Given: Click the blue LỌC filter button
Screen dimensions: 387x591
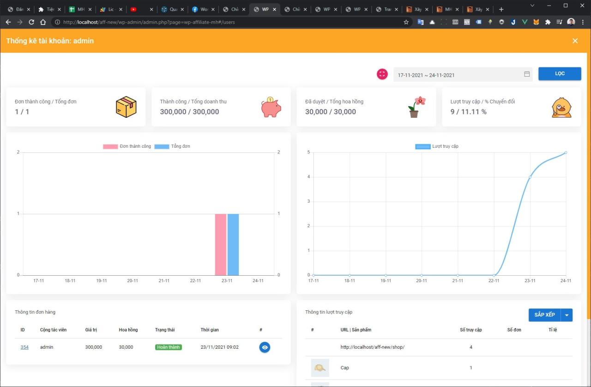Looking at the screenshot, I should pyautogui.click(x=560, y=74).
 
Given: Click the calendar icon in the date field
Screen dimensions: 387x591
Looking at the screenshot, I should pyautogui.click(x=527, y=74).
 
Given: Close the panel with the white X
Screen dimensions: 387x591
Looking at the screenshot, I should pyautogui.click(x=575, y=41).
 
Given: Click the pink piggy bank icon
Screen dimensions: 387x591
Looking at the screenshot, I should pyautogui.click(x=271, y=107).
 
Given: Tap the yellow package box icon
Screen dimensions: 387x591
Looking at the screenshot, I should pyautogui.click(x=126, y=107).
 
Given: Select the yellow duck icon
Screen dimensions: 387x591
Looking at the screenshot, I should pyautogui.click(x=561, y=108).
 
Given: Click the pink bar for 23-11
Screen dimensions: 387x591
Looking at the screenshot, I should pyautogui.click(x=221, y=244).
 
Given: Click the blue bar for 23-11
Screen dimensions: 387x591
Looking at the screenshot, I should pyautogui.click(x=233, y=244).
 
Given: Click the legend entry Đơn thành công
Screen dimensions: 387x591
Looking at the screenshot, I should pyautogui.click(x=127, y=146).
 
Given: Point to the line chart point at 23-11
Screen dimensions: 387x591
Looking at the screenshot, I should pyautogui.click(x=530, y=177).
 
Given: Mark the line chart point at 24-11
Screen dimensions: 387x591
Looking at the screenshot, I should pyautogui.click(x=566, y=152).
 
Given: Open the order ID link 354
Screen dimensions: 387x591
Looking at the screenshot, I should pyautogui.click(x=24, y=347).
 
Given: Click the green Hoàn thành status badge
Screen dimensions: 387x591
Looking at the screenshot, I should pyautogui.click(x=169, y=347).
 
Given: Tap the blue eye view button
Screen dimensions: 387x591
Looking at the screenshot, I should pyautogui.click(x=265, y=347).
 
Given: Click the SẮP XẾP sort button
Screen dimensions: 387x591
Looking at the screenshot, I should pyautogui.click(x=544, y=315).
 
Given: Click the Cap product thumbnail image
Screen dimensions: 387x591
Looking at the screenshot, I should pyautogui.click(x=320, y=368).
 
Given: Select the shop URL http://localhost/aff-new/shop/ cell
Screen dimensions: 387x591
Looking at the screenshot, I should pyautogui.click(x=372, y=347).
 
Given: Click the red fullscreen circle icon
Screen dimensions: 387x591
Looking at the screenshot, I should pyautogui.click(x=382, y=74).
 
